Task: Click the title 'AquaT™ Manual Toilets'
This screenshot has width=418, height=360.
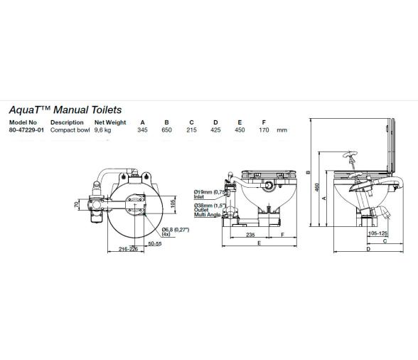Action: click(65, 110)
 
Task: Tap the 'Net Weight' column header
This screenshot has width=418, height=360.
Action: click(109, 122)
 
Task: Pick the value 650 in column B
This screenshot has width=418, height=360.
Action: click(166, 130)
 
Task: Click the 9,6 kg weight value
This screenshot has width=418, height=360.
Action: click(104, 130)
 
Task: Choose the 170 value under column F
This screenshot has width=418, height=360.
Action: click(264, 130)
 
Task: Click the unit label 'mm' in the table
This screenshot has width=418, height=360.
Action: click(282, 130)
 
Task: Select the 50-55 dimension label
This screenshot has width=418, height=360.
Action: click(155, 243)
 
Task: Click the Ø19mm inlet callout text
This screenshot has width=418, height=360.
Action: click(209, 193)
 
